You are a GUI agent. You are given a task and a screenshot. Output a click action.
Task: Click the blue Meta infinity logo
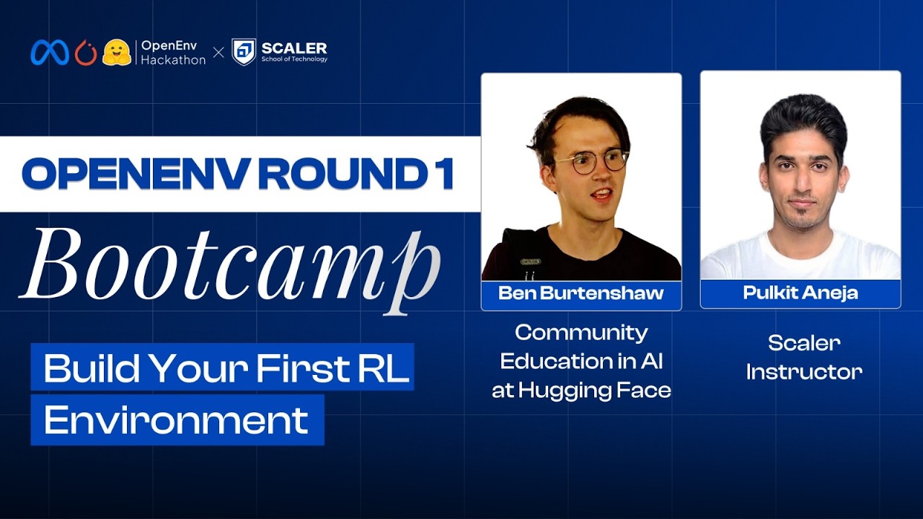(49, 52)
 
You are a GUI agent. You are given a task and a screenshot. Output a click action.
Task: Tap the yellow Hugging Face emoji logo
(116, 52)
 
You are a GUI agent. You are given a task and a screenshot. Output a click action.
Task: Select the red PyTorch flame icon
(85, 52)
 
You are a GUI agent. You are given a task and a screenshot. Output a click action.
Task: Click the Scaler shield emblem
(244, 52)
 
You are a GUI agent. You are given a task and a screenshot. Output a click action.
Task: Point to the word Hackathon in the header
(173, 60)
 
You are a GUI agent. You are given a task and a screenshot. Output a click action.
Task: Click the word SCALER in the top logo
(294, 48)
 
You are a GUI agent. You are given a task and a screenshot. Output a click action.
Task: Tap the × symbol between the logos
(218, 53)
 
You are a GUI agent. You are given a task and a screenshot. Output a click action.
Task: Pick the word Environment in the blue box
(176, 420)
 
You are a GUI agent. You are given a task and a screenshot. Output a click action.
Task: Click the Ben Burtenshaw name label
(580, 294)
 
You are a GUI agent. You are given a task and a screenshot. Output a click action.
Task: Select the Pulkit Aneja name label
(800, 293)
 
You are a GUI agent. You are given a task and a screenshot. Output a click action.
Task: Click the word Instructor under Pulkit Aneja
(804, 372)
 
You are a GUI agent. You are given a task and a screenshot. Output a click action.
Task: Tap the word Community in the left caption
(581, 332)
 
